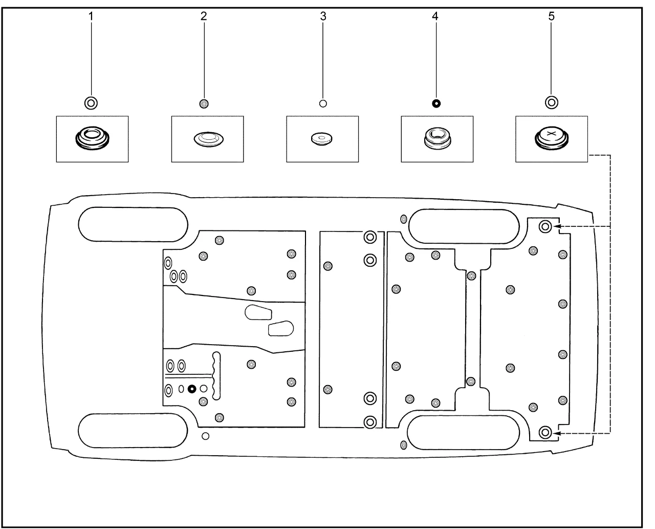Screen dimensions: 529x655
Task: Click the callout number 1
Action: (x=91, y=16)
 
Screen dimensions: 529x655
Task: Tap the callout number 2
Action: (x=204, y=16)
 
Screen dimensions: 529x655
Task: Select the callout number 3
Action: (x=323, y=16)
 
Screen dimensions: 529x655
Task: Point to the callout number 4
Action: (x=435, y=16)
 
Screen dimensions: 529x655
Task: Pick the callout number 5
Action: (x=551, y=16)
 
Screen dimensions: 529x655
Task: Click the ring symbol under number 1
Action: (x=91, y=102)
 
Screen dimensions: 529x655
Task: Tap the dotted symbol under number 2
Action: (x=204, y=103)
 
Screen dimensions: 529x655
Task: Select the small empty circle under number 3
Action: (x=323, y=103)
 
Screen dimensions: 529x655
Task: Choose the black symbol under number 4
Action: (x=435, y=103)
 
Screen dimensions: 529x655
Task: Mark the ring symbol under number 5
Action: (x=551, y=102)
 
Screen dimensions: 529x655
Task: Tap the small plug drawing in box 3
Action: (x=321, y=139)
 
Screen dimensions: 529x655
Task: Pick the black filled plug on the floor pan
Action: (x=192, y=389)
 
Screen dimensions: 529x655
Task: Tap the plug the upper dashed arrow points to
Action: (x=545, y=226)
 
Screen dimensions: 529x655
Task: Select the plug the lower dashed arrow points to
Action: (x=545, y=433)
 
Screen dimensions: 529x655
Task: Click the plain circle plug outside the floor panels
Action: (x=205, y=436)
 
